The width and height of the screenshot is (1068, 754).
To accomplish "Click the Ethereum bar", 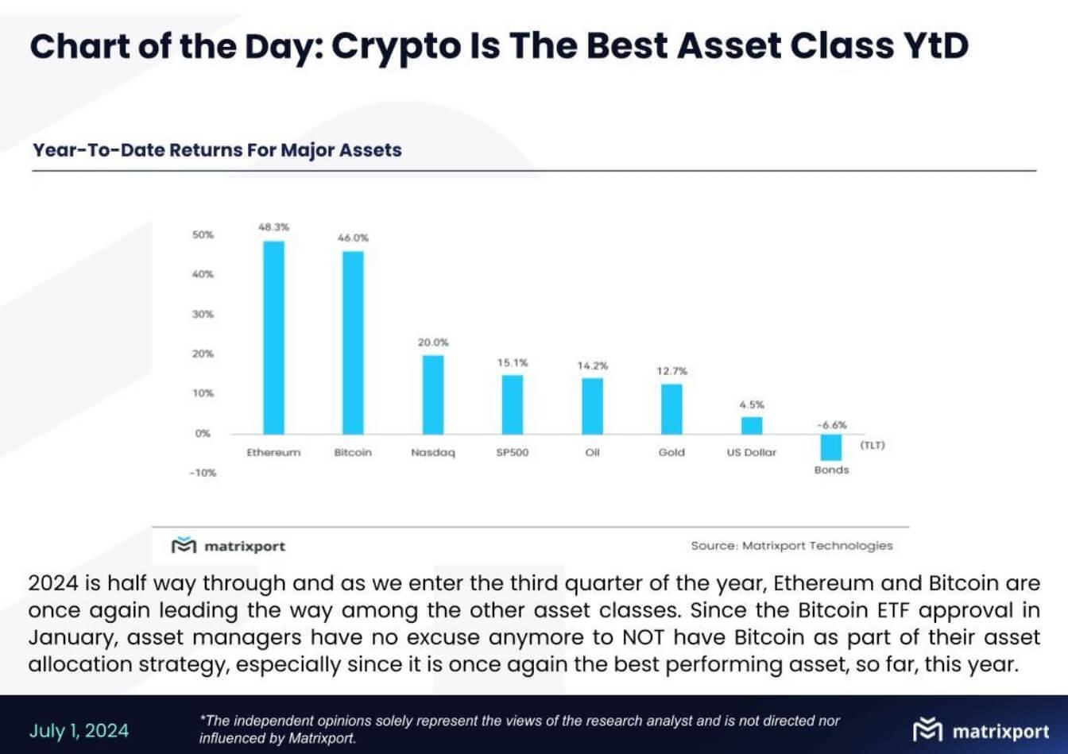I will point(273,337).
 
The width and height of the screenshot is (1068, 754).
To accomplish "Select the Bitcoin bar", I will point(353,342).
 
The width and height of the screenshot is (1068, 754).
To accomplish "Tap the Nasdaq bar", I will point(433,394).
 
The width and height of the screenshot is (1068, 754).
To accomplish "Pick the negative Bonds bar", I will point(831,447).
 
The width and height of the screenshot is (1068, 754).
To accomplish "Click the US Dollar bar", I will point(752,425).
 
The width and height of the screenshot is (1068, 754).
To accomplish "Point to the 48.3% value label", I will point(273,227).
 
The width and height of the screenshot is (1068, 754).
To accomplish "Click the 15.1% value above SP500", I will point(513,363).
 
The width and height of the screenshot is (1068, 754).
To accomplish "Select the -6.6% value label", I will point(831,424).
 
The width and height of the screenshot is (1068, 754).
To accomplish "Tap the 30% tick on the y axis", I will point(203,315).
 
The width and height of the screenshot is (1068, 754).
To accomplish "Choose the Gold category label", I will point(671,453).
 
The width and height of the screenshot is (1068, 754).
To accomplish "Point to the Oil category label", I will point(592,453).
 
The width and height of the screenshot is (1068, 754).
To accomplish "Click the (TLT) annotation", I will point(872,445).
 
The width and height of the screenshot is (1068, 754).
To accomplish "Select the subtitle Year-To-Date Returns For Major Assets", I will point(217,150).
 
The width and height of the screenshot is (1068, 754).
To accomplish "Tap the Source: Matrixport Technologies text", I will point(791,546).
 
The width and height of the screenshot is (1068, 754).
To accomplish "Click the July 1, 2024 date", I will point(79,731).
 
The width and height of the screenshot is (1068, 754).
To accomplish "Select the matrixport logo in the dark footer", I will point(981,731).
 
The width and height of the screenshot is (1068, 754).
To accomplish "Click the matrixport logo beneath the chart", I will point(229,546).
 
